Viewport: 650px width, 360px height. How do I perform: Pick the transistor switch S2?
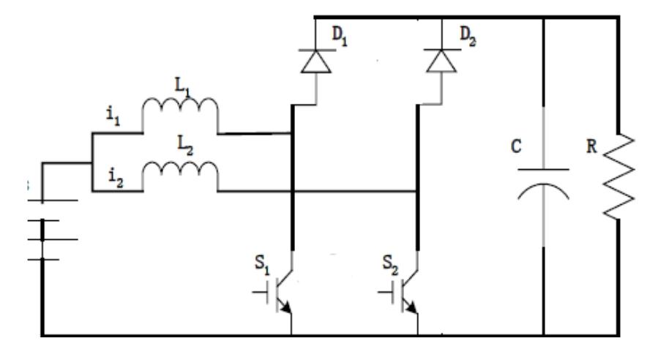click(407, 293)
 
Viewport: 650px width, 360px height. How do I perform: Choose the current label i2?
click(113, 173)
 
